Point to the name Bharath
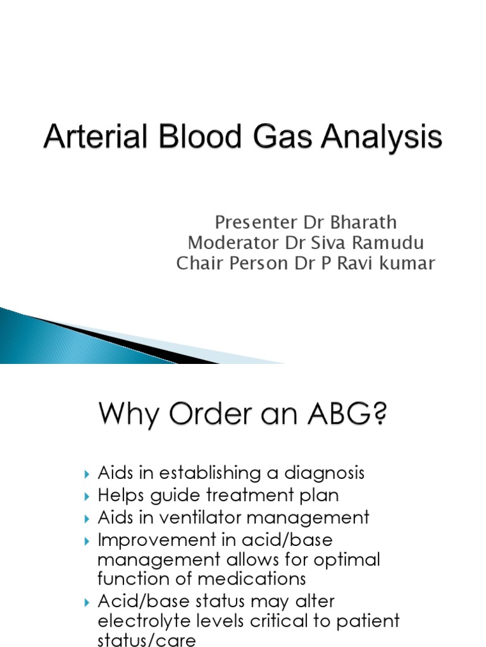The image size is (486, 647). pyautogui.click(x=366, y=222)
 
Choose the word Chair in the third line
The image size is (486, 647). pyautogui.click(x=196, y=263)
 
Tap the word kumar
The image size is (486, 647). pyautogui.click(x=409, y=263)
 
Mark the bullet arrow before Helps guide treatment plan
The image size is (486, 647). pyautogui.click(x=87, y=495)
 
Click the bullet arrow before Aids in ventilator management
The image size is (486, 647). pyautogui.click(x=87, y=518)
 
